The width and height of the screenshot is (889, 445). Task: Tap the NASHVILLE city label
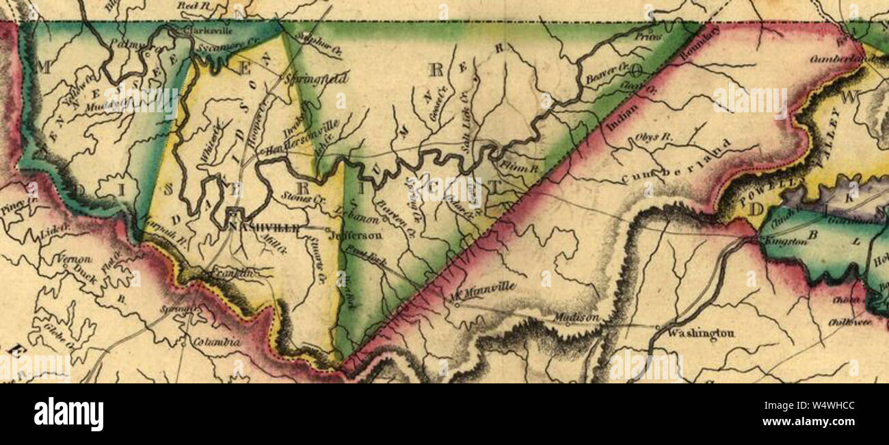click(x=263, y=227)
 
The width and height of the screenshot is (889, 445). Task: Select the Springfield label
click(x=316, y=79)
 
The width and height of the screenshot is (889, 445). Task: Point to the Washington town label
click(x=700, y=333)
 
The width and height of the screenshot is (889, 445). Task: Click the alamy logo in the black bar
click(x=68, y=414)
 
